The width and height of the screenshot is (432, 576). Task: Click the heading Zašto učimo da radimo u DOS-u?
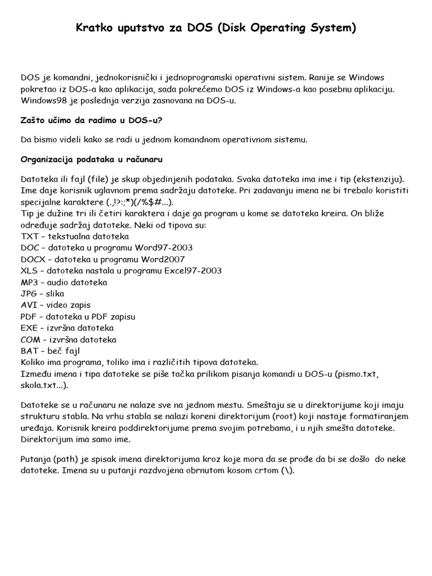92,120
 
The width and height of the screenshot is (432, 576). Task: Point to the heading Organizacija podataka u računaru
92,159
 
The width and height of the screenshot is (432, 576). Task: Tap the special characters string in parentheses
138,202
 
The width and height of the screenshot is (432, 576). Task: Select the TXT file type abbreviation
30,236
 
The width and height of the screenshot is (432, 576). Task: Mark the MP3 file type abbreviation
30,282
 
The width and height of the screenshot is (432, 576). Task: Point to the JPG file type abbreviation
29,294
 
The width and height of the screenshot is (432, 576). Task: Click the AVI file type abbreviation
29,305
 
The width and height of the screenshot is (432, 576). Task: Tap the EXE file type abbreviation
30,327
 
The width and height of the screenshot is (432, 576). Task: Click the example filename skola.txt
43,385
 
